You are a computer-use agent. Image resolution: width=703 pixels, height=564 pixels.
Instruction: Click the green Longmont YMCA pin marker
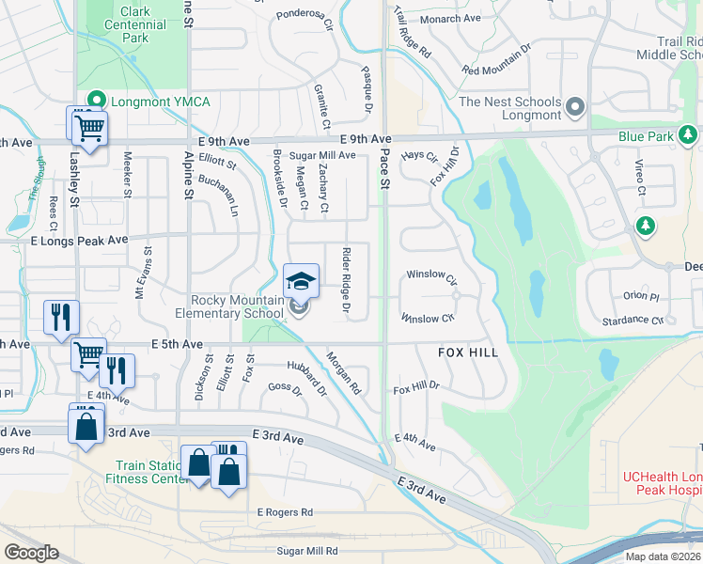(94, 100)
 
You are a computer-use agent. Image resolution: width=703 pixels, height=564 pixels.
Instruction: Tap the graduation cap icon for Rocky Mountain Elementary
(301, 281)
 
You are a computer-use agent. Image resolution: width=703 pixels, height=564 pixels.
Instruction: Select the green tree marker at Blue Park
(688, 136)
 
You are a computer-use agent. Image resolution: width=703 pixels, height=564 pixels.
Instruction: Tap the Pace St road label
(383, 171)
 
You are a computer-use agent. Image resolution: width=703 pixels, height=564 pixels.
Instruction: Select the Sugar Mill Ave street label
(321, 155)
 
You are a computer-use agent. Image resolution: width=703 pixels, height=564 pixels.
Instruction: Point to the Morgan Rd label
(343, 372)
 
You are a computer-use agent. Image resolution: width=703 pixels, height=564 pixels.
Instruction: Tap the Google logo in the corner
(31, 553)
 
